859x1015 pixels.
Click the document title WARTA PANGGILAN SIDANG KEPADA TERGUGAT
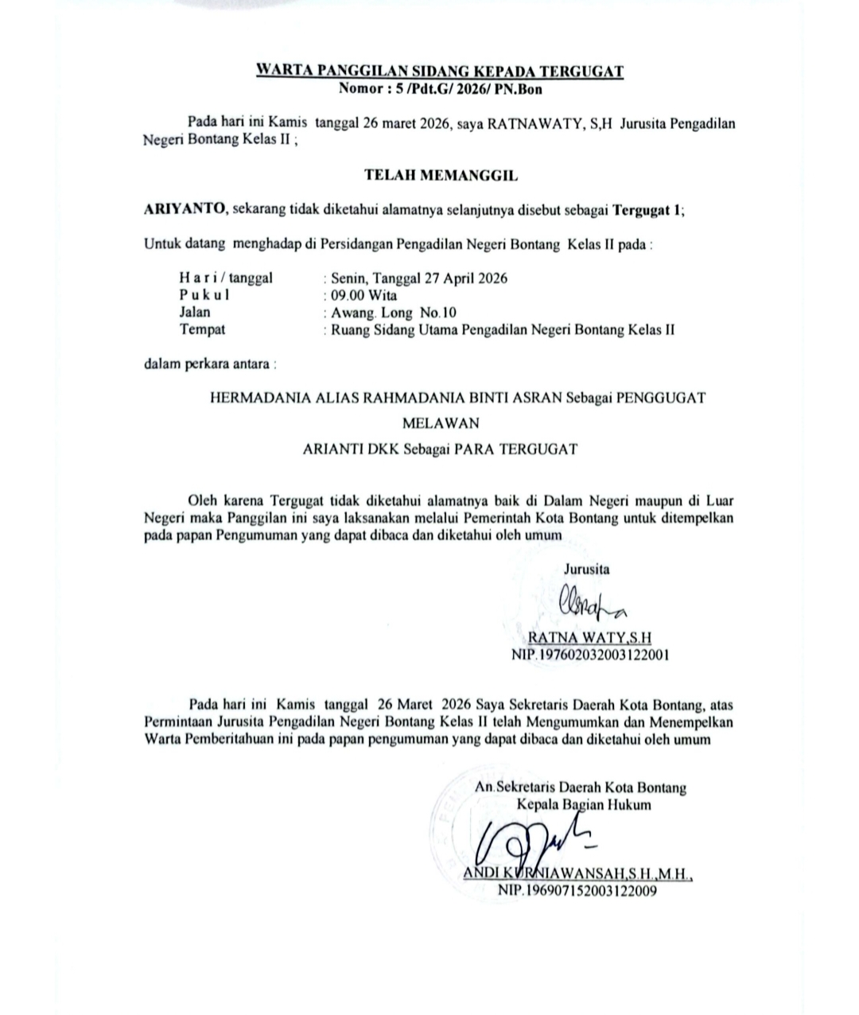[439, 72]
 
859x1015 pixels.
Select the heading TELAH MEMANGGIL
[441, 173]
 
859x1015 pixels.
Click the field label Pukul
[204, 295]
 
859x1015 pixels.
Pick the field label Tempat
[202, 329]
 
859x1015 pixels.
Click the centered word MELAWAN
[441, 423]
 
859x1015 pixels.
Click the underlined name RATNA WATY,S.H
[589, 639]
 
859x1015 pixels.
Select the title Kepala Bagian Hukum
[584, 805]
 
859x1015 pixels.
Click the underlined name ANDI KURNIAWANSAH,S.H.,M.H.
[578, 875]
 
